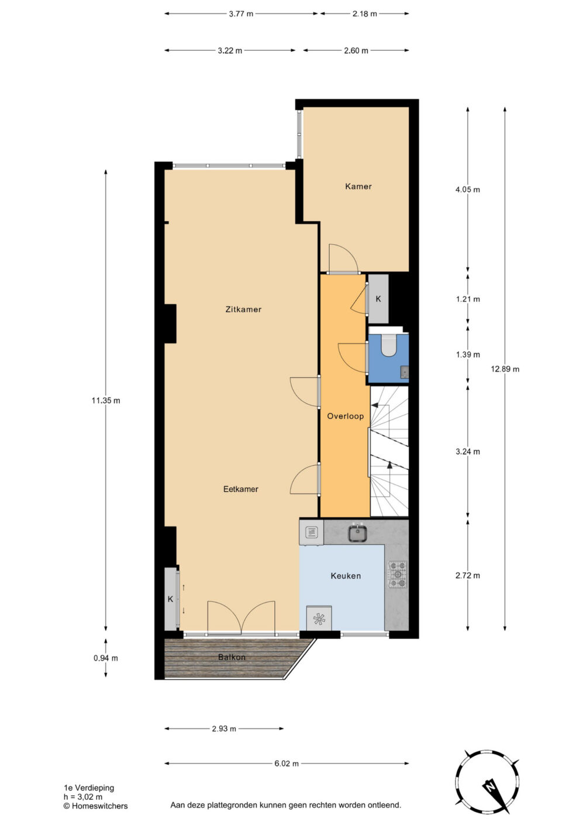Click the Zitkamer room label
pyautogui.click(x=243, y=310)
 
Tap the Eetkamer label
pyautogui.click(x=241, y=489)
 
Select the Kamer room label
pyautogui.click(x=358, y=187)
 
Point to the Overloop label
pyautogui.click(x=345, y=416)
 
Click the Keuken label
pyautogui.click(x=345, y=576)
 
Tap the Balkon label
pyautogui.click(x=232, y=657)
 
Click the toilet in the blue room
pyautogui.click(x=387, y=345)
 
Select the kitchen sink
pyautogui.click(x=358, y=533)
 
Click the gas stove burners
pyautogui.click(x=398, y=575)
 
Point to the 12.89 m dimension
pyautogui.click(x=505, y=369)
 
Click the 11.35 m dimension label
pyautogui.click(x=106, y=400)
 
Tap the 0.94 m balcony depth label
pyautogui.click(x=106, y=658)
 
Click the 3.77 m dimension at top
pyautogui.click(x=241, y=14)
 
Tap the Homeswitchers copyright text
pyautogui.click(x=96, y=806)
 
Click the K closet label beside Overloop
pyautogui.click(x=378, y=299)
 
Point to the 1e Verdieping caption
pyautogui.click(x=89, y=788)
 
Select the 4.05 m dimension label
pyautogui.click(x=468, y=190)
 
